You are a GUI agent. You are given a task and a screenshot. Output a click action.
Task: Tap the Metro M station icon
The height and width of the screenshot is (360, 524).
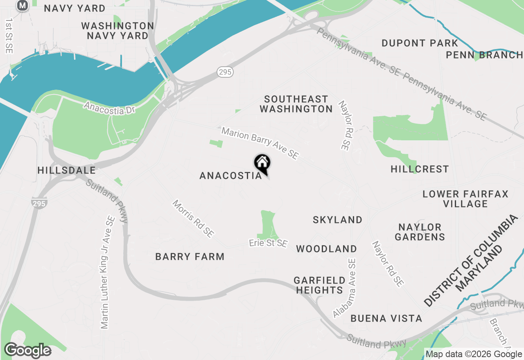coord(23,5)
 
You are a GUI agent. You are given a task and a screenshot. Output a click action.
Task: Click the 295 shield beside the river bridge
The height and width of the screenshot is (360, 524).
coord(225,72)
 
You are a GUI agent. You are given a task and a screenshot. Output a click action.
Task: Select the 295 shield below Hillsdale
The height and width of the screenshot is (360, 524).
coord(39,202)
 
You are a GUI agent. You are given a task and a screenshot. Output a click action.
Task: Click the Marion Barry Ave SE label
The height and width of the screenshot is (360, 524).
coord(260,143)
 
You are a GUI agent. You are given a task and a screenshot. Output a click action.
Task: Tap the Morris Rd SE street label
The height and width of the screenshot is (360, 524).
coord(193,218)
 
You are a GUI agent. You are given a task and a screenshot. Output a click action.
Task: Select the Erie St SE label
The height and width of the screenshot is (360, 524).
coord(268,243)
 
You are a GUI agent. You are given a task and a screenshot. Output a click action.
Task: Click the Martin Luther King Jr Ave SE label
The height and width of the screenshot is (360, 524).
coord(107,272)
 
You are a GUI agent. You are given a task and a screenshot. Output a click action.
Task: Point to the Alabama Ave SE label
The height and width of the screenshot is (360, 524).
coord(345,288)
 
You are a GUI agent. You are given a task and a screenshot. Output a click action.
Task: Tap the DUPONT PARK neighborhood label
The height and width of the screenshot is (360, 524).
coord(420,43)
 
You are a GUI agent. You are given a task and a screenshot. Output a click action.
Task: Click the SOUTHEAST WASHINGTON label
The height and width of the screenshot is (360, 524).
coord(296,104)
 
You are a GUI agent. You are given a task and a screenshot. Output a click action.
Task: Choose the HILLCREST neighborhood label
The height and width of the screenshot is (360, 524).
coord(420,169)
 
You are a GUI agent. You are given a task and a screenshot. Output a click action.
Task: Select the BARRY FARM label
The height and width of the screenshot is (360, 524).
coord(190,256)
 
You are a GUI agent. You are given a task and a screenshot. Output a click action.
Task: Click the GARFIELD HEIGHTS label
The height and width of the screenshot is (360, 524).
coord(320,285)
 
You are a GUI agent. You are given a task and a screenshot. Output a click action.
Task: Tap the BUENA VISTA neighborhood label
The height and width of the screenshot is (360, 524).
coord(386,318)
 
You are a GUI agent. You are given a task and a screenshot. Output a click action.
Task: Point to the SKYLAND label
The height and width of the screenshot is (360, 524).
coord(337,220)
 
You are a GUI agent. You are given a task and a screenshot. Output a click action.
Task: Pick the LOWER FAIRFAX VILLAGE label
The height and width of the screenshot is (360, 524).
coord(465,198)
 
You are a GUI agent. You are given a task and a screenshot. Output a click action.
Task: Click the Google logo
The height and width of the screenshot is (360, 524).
coord(27,351)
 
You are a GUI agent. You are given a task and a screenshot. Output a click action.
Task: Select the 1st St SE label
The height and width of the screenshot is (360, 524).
coord(9,36)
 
